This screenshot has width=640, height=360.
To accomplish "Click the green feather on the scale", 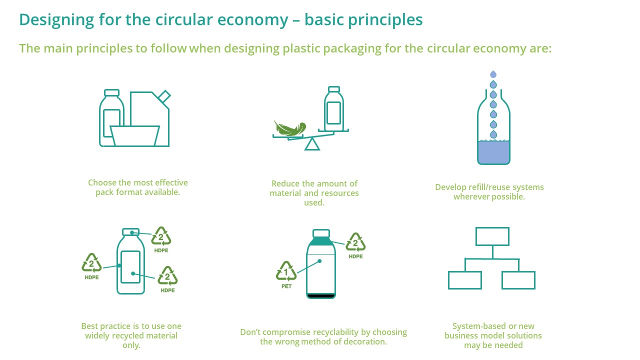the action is pyautogui.click(x=289, y=129).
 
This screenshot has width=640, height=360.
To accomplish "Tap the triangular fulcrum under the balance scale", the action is pyautogui.click(x=312, y=144).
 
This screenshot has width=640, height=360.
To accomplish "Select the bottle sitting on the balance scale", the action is pyautogui.click(x=333, y=108).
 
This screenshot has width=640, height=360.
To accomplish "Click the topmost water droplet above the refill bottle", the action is pyautogui.click(x=493, y=74).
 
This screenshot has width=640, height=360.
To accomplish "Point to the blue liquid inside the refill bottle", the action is pyautogui.click(x=493, y=152).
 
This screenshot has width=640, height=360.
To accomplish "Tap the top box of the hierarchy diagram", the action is pyautogui.click(x=492, y=236).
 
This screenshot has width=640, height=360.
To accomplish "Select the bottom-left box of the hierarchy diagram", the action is pyautogui.click(x=465, y=280).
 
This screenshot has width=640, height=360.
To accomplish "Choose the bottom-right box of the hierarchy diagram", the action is pyautogui.click(x=518, y=280).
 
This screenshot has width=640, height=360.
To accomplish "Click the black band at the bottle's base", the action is pyautogui.click(x=320, y=296).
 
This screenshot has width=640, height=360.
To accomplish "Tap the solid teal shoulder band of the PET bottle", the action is pyautogui.click(x=321, y=241).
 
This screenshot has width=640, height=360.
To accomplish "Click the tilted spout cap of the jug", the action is pyautogui.click(x=164, y=96).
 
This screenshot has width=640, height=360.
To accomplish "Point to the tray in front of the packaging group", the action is pyautogui.click(x=135, y=136).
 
